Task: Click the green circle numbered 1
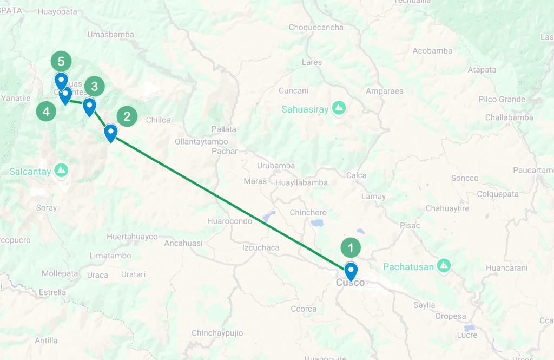tap(351, 248)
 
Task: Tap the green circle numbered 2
tap(127, 116)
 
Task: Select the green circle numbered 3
tap(95, 86)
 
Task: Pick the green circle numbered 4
tap(46, 112)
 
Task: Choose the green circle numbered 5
tap(61, 61)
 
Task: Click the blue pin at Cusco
tap(351, 271)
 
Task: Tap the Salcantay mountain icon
tap(61, 169)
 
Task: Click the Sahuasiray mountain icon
tap(339, 108)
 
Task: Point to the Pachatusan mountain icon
tap(444, 265)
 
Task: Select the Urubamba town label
tap(276, 166)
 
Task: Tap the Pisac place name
tap(410, 225)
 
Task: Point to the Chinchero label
tap(308, 213)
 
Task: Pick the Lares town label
tap(312, 62)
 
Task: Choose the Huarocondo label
tap(229, 221)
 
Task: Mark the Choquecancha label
tap(316, 28)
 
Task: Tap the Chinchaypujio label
tap(217, 333)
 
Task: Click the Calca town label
tap(357, 175)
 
